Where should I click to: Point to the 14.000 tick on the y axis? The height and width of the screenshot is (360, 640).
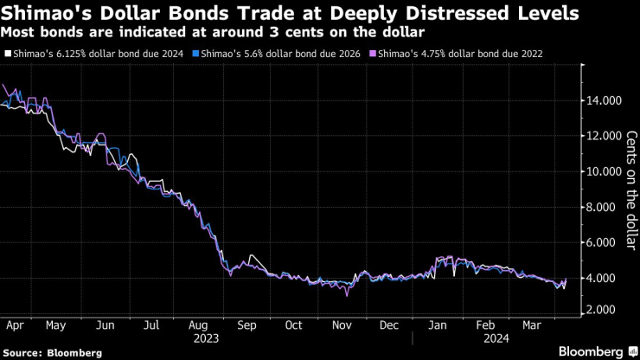pos(600,100)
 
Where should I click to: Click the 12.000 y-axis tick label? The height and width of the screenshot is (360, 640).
pos(600,136)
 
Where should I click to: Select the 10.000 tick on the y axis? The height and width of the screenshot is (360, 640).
pos(600,171)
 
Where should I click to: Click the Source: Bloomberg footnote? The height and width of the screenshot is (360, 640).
pos(53,353)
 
